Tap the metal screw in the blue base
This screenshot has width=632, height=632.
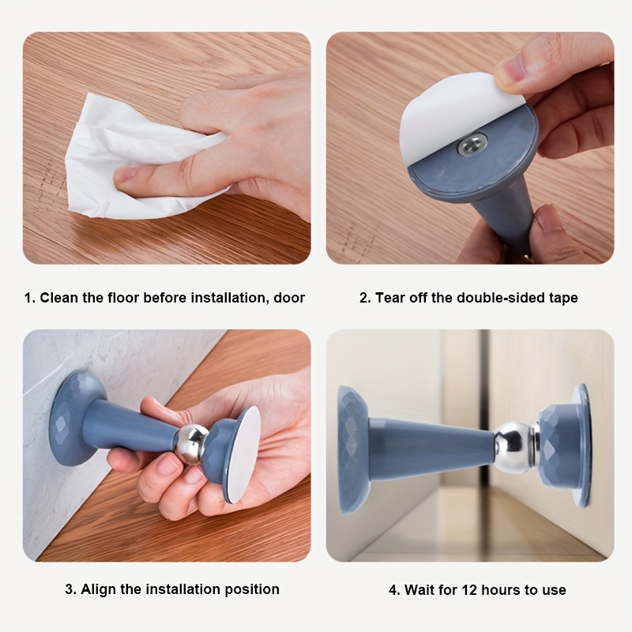point(472,145)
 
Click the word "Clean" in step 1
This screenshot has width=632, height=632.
point(59,298)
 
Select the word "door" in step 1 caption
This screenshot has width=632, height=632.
point(289,298)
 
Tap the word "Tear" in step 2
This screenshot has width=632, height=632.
point(390,298)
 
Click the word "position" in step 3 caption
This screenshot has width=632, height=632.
point(252,589)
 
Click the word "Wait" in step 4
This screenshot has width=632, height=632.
point(420,590)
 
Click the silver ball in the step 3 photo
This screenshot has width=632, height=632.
point(192,445)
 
